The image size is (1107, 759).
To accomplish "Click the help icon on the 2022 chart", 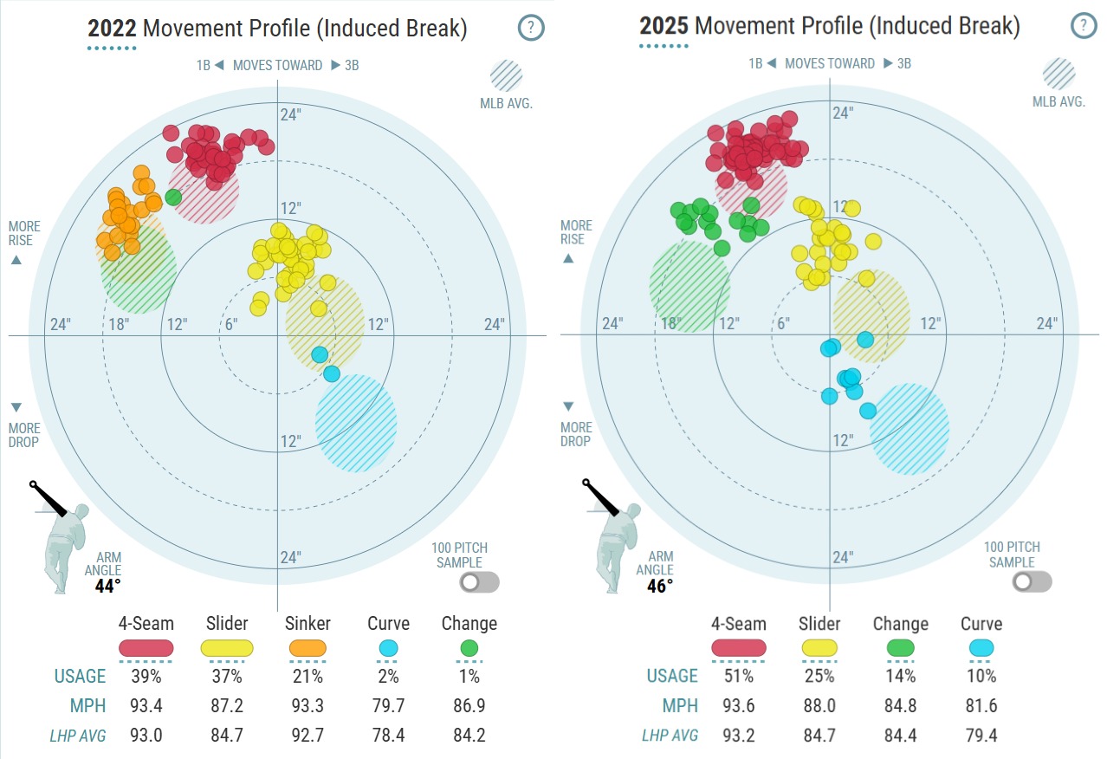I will (x=531, y=28).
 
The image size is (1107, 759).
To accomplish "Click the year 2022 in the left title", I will (x=112, y=29).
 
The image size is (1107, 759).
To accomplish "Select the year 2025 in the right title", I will (x=664, y=26).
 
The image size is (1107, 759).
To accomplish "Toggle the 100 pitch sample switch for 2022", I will (x=480, y=582).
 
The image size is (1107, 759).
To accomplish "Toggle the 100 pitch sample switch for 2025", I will (x=1033, y=581).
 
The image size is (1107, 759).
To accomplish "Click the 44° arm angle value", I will (x=108, y=586).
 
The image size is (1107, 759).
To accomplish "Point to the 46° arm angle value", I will (x=660, y=585).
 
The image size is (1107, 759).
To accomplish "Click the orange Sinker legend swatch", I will (x=306, y=648).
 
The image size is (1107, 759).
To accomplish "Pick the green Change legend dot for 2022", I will (x=469, y=648).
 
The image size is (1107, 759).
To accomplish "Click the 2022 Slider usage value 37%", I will (x=226, y=676).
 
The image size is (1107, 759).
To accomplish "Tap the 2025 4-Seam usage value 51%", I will (x=738, y=676).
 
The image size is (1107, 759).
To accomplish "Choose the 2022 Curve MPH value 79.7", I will (x=388, y=705).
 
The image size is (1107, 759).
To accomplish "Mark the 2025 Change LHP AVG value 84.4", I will (x=900, y=736).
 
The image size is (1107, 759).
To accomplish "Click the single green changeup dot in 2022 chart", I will (x=173, y=197).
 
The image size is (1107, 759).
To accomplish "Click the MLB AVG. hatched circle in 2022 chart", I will (x=506, y=76).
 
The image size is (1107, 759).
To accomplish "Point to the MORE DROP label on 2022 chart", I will (x=23, y=434).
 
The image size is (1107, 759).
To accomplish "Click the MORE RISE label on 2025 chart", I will (x=576, y=232).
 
